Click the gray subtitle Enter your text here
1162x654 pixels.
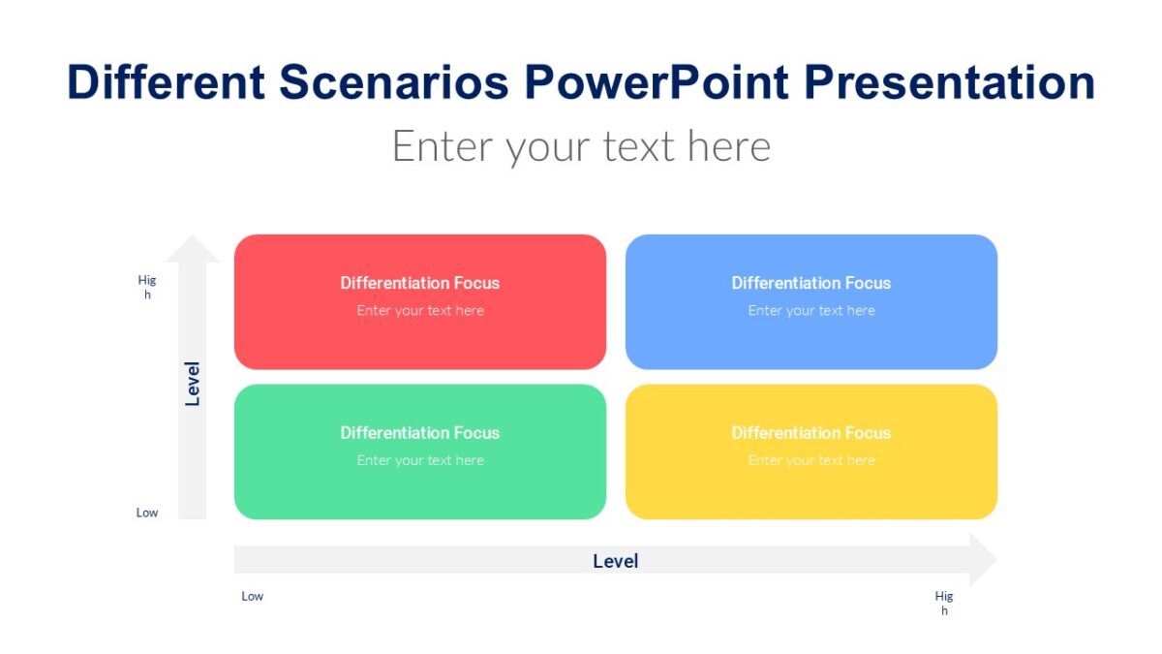point(581,146)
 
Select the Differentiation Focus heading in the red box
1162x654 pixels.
point(419,283)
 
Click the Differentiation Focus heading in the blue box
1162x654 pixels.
point(810,283)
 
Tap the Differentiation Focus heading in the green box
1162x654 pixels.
point(419,433)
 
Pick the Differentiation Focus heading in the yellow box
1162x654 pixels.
point(810,433)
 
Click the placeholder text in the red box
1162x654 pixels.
point(419,311)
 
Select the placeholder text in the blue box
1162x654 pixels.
point(810,311)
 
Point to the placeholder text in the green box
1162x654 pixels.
point(419,460)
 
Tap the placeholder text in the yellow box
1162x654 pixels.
point(810,460)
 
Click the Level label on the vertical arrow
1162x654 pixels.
point(193,384)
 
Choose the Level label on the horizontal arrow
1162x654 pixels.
point(615,561)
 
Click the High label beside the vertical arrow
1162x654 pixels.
point(147,287)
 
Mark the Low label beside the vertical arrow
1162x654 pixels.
point(147,513)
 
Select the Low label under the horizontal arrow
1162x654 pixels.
point(252,596)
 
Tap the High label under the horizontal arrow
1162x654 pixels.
point(944,603)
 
